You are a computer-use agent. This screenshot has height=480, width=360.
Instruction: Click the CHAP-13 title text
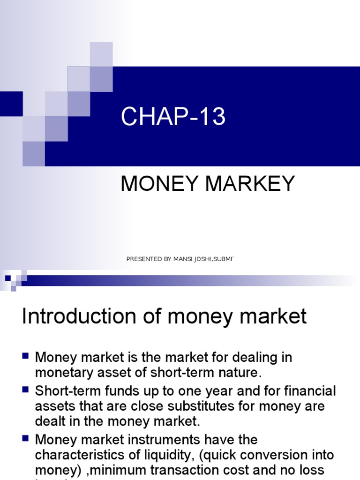point(173,117)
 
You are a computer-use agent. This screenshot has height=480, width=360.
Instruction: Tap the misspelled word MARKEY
point(254,184)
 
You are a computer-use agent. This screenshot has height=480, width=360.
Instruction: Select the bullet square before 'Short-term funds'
point(26,389)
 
